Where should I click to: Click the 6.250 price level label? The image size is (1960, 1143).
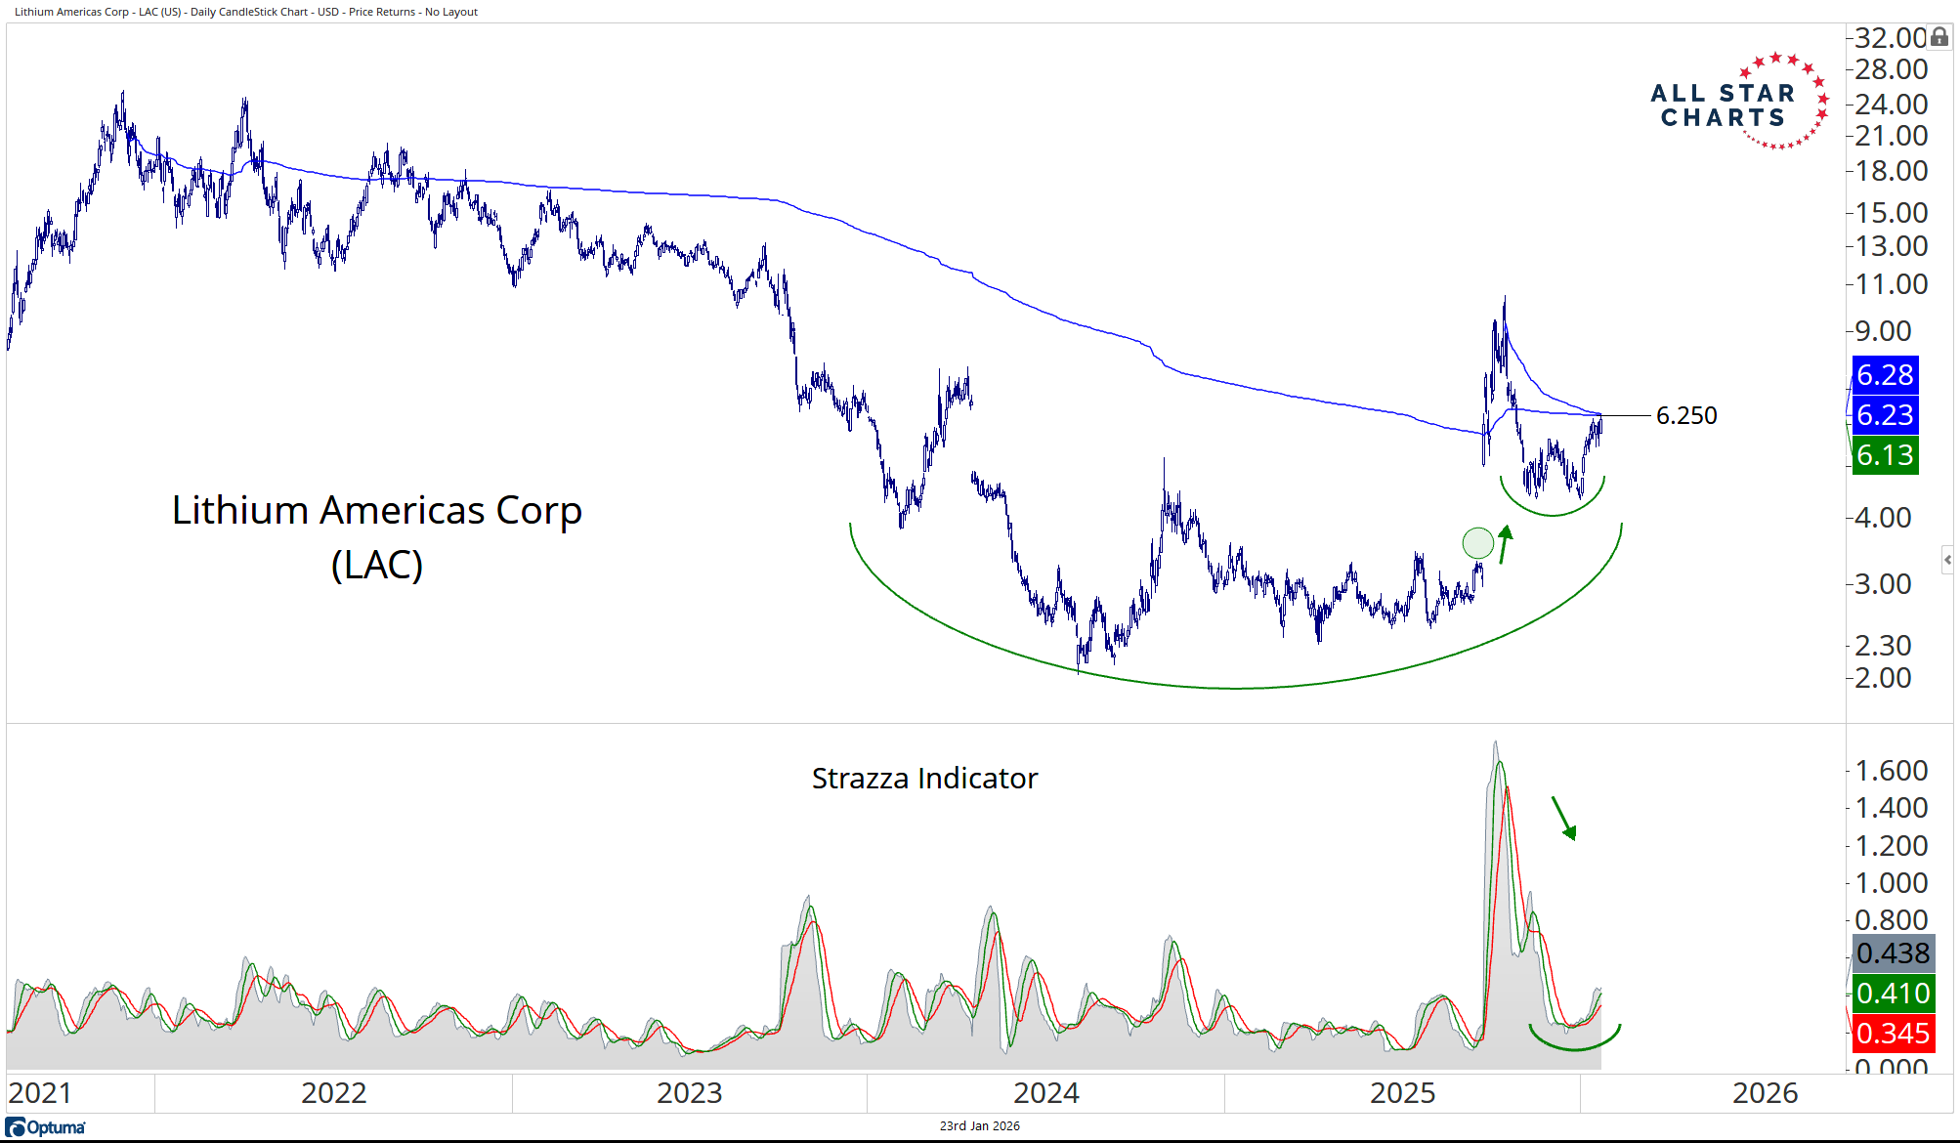pyautogui.click(x=1685, y=416)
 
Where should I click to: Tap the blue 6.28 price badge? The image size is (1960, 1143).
pyautogui.click(x=1885, y=375)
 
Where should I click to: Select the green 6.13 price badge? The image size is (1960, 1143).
pyautogui.click(x=1885, y=455)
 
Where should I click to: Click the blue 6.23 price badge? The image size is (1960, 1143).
pyautogui.click(x=1885, y=415)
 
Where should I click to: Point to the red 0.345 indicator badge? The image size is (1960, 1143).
pyautogui.click(x=1893, y=1034)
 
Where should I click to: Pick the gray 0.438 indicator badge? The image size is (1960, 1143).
pyautogui.click(x=1893, y=953)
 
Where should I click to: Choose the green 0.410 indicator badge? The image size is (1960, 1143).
pyautogui.click(x=1893, y=994)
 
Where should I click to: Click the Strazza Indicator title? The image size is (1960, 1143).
pyautogui.click(x=924, y=779)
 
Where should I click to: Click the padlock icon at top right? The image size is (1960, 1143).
pyautogui.click(x=1939, y=37)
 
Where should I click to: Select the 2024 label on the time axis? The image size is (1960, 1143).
pyautogui.click(x=1045, y=1093)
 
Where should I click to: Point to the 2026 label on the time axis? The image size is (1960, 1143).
pyautogui.click(x=1765, y=1093)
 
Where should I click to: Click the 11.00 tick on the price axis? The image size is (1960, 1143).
pyautogui.click(x=1891, y=284)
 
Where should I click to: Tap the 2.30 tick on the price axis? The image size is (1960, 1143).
pyautogui.click(x=1883, y=646)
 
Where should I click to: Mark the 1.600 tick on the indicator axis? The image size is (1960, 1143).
pyautogui.click(x=1891, y=771)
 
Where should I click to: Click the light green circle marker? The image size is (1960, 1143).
pyautogui.click(x=1477, y=542)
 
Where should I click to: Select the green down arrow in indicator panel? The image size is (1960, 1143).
pyautogui.click(x=1564, y=819)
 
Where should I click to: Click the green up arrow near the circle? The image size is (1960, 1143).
pyautogui.click(x=1505, y=544)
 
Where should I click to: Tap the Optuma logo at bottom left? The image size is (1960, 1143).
pyautogui.click(x=46, y=1127)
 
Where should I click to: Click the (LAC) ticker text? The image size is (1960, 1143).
pyautogui.click(x=377, y=566)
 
